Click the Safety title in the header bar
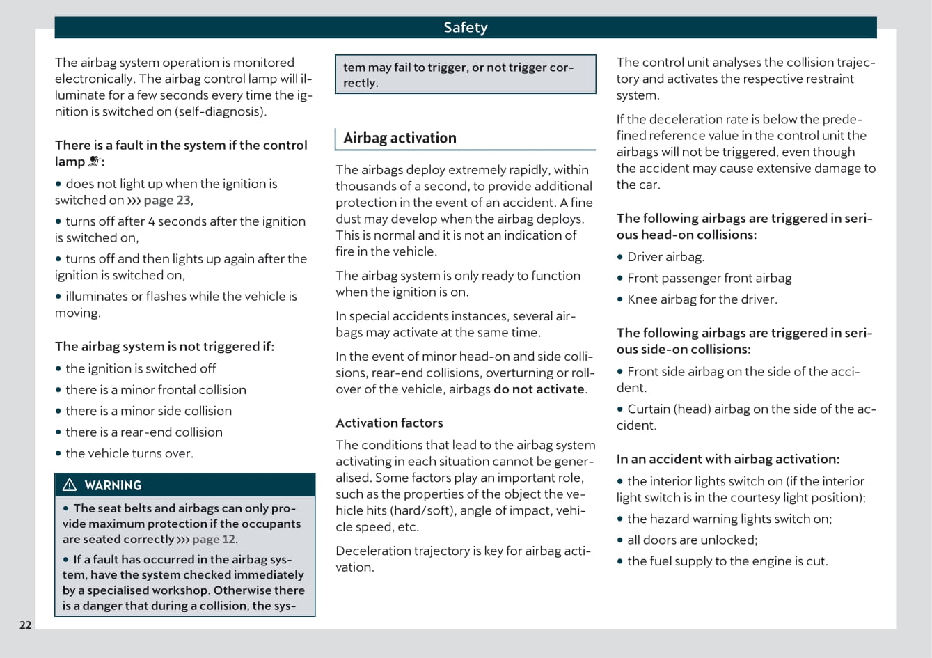point(466,27)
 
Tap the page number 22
point(25,625)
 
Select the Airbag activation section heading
point(400,138)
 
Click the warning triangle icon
point(70,485)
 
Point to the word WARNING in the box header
point(113,485)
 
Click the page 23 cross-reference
point(166,201)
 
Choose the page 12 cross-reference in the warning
point(214,540)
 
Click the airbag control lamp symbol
point(95,162)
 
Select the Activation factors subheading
point(389,423)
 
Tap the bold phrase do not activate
point(539,389)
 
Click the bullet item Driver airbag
point(665,257)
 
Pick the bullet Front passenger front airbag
point(709,278)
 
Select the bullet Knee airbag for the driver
point(702,299)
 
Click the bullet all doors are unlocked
point(692,540)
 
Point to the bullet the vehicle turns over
point(129,453)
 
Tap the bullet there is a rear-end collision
point(143,432)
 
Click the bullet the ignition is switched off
point(140,368)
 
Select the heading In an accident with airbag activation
point(727,459)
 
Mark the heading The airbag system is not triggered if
point(164,346)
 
